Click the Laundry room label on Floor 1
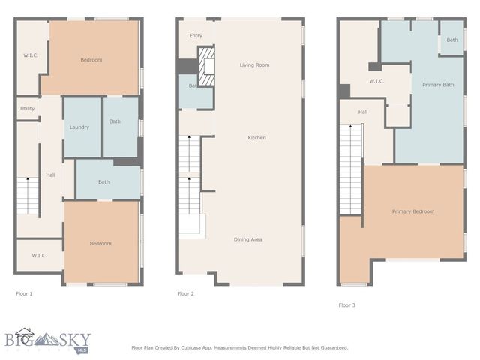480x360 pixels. (79, 127)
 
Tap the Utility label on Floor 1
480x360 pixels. (27, 109)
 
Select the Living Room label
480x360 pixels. (254, 65)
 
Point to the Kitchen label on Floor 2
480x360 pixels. (257, 138)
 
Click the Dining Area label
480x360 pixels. (247, 239)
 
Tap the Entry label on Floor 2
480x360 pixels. (196, 35)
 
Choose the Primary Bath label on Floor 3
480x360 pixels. (437, 85)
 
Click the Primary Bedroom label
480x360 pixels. (412, 211)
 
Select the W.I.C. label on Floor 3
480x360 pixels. (376, 81)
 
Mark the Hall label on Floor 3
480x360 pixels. (362, 112)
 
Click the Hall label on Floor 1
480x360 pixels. (50, 175)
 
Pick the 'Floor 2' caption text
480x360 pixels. (185, 294)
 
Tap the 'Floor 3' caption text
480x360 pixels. (347, 305)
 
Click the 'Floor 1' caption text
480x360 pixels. (24, 294)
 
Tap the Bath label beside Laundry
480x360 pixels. (115, 121)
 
